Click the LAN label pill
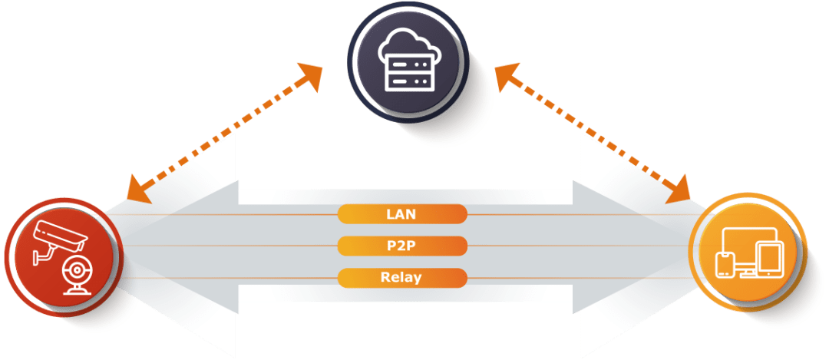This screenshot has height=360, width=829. (401, 213)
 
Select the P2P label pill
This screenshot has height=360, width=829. (401, 246)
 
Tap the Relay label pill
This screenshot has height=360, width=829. (401, 277)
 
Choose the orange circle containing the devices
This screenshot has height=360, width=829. (748, 252)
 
